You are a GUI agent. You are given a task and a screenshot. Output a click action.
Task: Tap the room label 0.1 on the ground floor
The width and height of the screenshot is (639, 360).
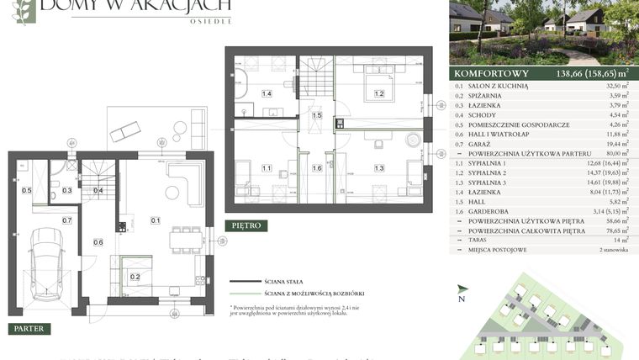coord(156,220)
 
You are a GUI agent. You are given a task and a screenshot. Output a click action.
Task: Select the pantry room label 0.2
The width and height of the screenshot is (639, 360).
coord(135,276)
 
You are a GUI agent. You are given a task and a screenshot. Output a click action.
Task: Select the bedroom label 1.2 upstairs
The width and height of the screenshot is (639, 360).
coord(379,93)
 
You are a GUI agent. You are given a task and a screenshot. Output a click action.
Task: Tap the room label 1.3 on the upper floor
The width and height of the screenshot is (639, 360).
coord(379,169)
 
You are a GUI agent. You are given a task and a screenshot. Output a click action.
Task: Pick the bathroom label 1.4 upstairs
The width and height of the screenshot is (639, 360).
coord(267,93)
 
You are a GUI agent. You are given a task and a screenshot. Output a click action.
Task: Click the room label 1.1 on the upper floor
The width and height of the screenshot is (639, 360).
coord(267,169)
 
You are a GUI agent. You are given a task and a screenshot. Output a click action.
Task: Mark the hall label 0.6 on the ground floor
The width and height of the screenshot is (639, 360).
coord(98,243)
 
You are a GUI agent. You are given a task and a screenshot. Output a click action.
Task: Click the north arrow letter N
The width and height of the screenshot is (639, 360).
coord(461,299)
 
